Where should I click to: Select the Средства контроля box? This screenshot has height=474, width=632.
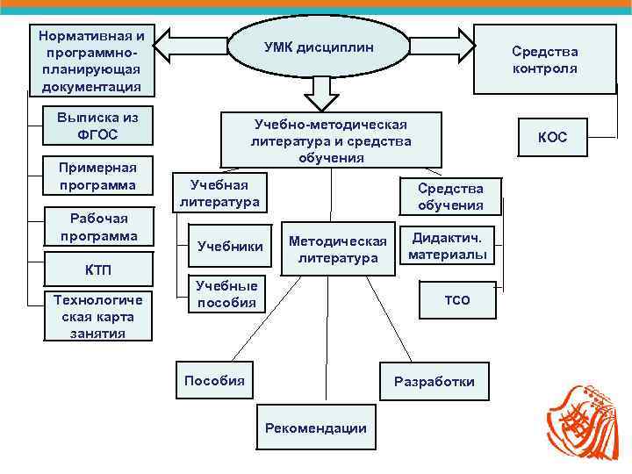click(544, 59)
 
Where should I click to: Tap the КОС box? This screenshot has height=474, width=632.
click(552, 138)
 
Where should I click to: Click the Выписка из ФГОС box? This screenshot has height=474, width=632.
click(97, 126)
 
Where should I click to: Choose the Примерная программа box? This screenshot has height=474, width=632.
click(97, 176)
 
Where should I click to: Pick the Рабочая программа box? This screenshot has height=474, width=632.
click(98, 227)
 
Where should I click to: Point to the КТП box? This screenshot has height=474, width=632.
click(97, 268)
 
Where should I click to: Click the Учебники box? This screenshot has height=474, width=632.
click(230, 247)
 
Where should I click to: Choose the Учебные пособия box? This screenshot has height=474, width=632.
click(226, 294)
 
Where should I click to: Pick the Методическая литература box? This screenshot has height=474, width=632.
click(337, 248)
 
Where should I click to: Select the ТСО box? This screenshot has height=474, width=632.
click(457, 300)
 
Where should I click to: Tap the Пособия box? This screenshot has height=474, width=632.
click(214, 380)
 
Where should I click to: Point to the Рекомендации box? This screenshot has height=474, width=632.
click(316, 427)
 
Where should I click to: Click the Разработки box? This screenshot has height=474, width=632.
click(434, 381)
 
